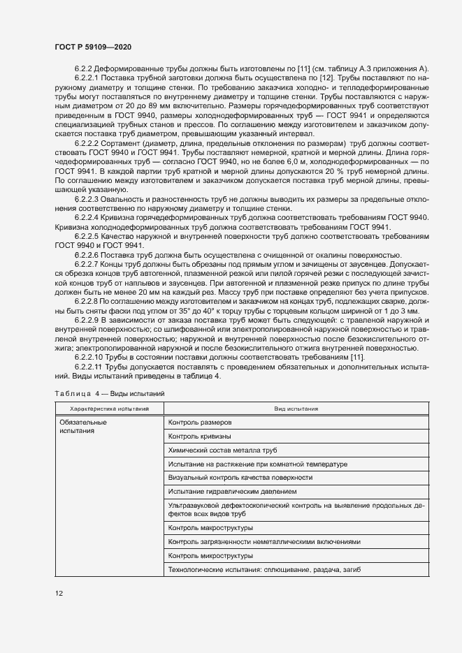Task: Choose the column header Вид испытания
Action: click(296, 409)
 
